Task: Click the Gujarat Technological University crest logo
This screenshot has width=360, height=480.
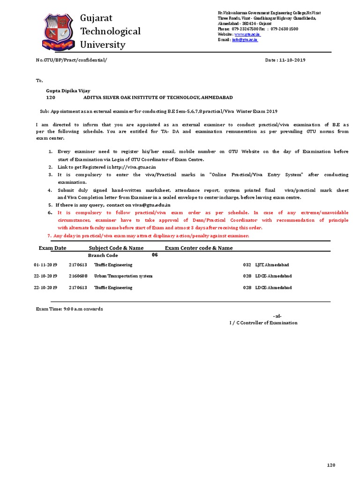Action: (x=59, y=31)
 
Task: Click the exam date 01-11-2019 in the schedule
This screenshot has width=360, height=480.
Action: (x=45, y=265)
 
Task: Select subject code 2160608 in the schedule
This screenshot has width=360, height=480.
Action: (x=78, y=276)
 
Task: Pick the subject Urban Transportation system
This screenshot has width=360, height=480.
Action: (x=123, y=276)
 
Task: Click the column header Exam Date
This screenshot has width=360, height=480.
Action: (x=52, y=248)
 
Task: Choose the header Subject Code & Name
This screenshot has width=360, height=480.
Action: (x=116, y=248)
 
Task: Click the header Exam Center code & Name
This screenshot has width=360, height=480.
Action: (x=199, y=248)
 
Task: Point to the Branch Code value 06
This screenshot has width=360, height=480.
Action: (x=155, y=255)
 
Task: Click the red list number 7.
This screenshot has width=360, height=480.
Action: (x=50, y=236)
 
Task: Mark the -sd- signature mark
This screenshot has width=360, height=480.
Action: (x=277, y=316)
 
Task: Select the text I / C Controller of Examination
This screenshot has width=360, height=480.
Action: (x=263, y=323)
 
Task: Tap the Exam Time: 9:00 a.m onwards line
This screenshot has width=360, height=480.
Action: (x=69, y=309)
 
